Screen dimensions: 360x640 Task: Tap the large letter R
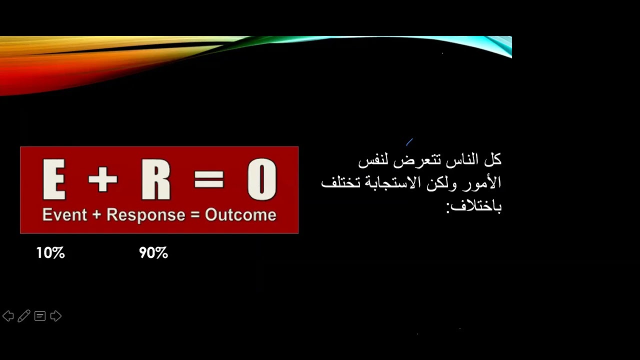pos(156,179)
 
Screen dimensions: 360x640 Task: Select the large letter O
pos(261,179)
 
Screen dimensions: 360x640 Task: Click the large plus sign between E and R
pos(102,179)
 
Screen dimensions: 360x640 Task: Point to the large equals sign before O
pos(209,179)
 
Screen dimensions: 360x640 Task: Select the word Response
pos(146,215)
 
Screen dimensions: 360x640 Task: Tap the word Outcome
pos(240,215)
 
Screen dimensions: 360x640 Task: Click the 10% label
pos(50,253)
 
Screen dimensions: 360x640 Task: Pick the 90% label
pos(153,253)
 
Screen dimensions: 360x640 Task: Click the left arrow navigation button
pos(8,316)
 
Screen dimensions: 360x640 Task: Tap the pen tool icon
pos(23,316)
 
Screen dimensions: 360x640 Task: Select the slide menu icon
pos(40,316)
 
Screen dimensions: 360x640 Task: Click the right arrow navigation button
pos(56,316)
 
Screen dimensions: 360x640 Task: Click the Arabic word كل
pos(493,160)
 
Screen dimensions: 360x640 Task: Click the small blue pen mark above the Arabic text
pos(409,142)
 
